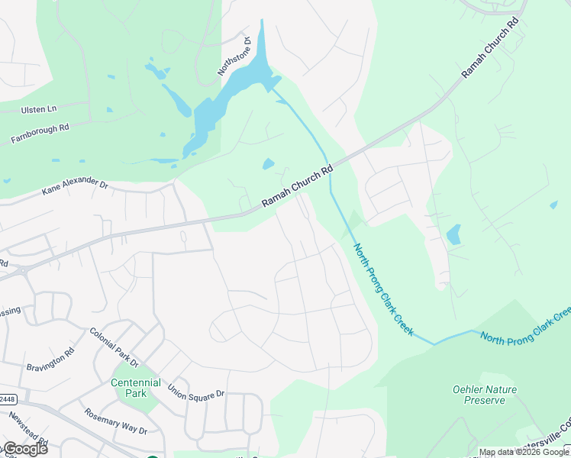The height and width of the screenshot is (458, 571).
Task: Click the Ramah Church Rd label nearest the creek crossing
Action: pos(298,187)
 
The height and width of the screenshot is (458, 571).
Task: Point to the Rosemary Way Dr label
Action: pos(116,421)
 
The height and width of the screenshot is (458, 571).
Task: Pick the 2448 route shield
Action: pos(8,399)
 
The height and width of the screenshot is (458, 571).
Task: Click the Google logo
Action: pos(24,449)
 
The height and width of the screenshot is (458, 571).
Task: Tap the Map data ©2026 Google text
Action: pos(524,453)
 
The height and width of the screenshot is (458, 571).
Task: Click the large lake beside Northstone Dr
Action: pos(229,95)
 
